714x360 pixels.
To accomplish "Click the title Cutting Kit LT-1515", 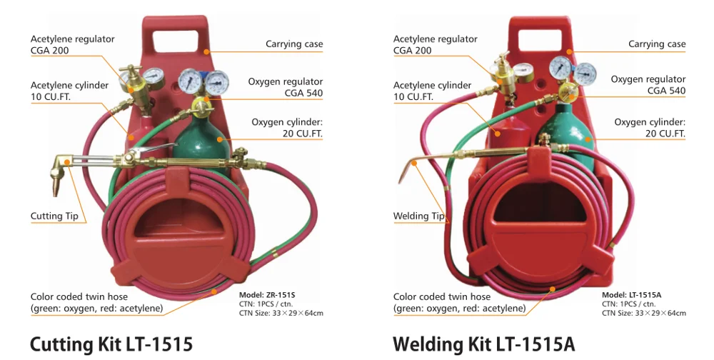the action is [111, 344].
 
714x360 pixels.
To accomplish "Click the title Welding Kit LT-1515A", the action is [483, 344].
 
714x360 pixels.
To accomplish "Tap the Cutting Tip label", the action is [54, 216].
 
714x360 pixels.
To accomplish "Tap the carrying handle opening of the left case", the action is [175, 41].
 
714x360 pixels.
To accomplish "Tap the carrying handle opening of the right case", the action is [540, 41].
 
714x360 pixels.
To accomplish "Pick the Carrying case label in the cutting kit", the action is [294, 44].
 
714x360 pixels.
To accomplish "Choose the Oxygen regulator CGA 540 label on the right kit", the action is [648, 85].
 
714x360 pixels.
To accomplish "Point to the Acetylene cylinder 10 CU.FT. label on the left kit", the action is [70, 91].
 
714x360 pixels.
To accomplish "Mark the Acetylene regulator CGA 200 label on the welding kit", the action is [436, 45].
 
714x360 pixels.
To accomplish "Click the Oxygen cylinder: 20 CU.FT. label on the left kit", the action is [287, 128].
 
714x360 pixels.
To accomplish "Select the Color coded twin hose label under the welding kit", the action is [459, 303].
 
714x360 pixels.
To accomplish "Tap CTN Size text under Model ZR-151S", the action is [281, 313].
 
